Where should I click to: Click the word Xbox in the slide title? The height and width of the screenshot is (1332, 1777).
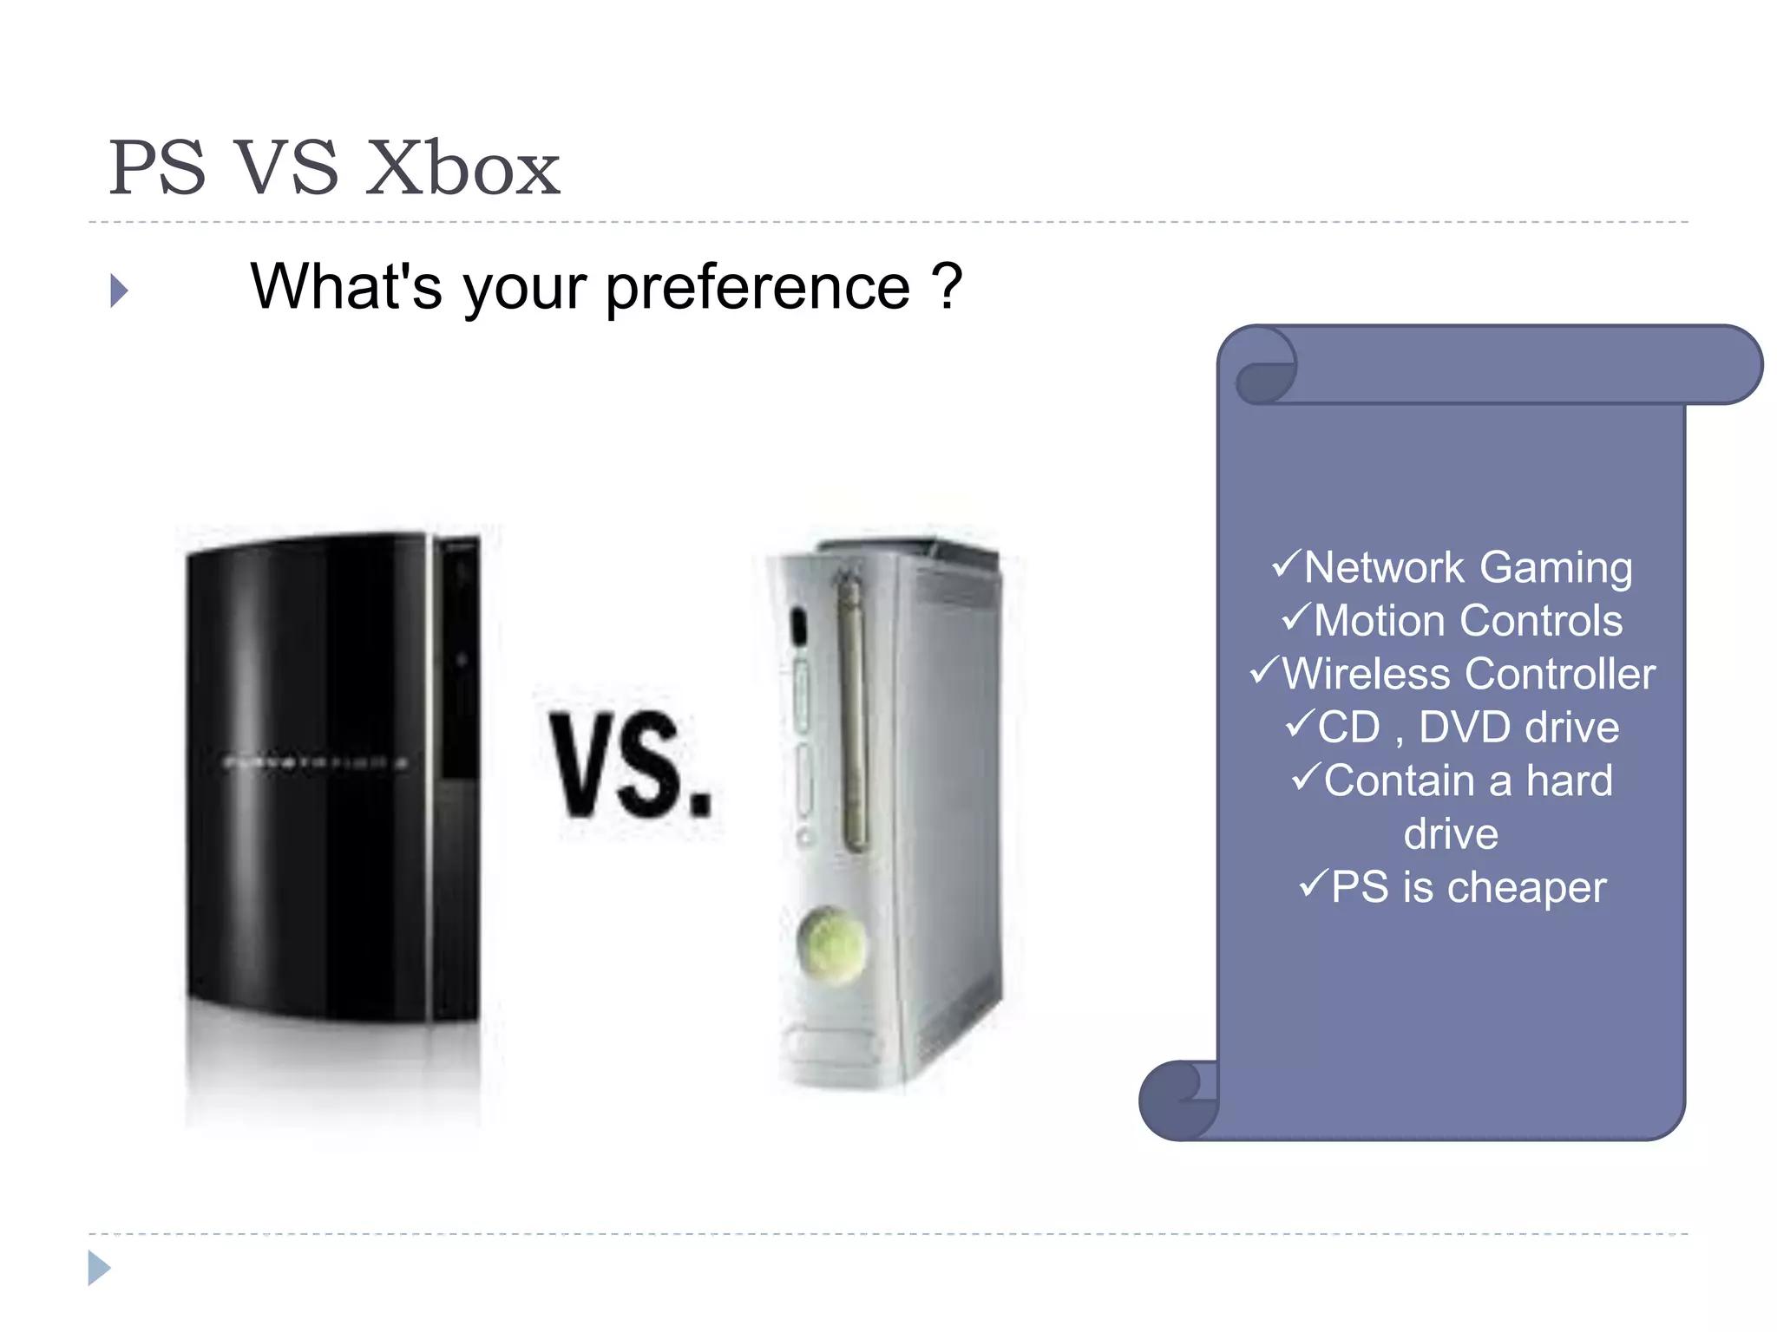click(462, 169)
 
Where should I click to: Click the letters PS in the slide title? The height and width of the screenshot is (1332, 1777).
click(158, 169)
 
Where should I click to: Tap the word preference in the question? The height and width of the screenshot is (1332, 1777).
click(757, 288)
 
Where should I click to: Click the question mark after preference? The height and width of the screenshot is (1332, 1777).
click(947, 286)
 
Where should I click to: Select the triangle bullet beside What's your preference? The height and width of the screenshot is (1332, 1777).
click(120, 291)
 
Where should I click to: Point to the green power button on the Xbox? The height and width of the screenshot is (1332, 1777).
click(830, 946)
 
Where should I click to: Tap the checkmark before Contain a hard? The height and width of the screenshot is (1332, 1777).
click(1307, 776)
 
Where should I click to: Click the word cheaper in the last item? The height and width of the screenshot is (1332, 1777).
click(1526, 888)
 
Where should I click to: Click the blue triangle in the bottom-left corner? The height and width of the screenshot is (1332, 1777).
click(99, 1268)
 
